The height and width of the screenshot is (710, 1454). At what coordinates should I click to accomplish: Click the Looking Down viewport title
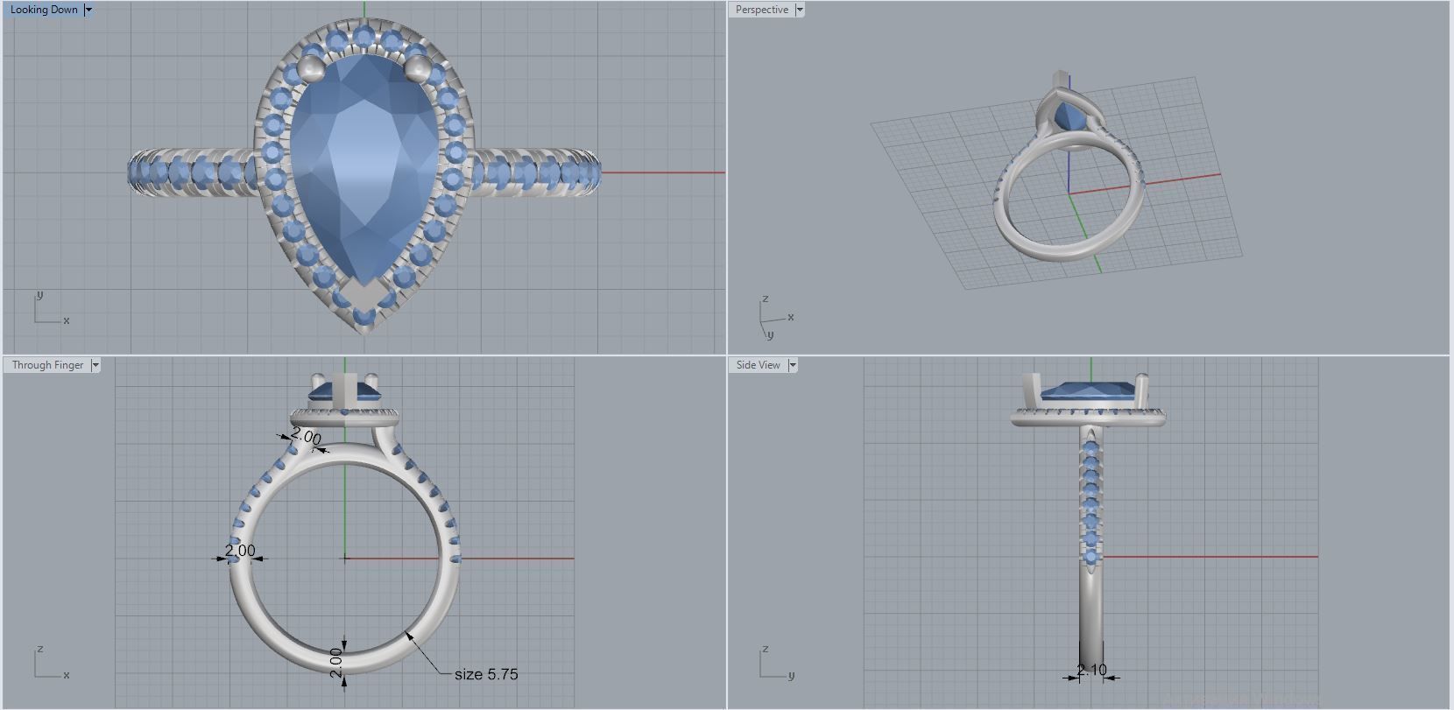coord(44,10)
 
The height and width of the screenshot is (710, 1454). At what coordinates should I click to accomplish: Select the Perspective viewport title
coord(761,10)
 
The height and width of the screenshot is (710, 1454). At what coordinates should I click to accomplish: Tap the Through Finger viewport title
coord(47,365)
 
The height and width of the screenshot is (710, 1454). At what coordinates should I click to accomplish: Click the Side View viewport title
coord(758,365)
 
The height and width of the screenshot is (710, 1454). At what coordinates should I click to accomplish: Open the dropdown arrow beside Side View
coord(793,365)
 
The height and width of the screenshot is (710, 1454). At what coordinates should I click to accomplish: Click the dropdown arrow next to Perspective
coord(800,10)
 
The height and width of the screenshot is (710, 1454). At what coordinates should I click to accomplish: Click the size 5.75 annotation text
coord(486,674)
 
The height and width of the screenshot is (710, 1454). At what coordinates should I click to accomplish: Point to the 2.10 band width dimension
coord(1091,671)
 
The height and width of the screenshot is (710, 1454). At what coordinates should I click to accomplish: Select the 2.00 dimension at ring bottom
coord(335,662)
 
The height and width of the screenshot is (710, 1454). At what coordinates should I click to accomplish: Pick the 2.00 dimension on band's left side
coord(240,551)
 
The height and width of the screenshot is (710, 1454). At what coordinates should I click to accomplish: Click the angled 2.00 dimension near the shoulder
coord(306,436)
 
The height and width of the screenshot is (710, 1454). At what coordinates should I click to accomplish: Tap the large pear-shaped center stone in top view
coord(363,166)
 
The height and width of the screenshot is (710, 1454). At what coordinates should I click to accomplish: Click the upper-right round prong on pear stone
coord(419,67)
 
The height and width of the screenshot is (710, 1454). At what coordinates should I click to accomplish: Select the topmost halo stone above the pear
coord(363,36)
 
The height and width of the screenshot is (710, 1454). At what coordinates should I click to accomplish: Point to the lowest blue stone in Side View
coord(1091,557)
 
